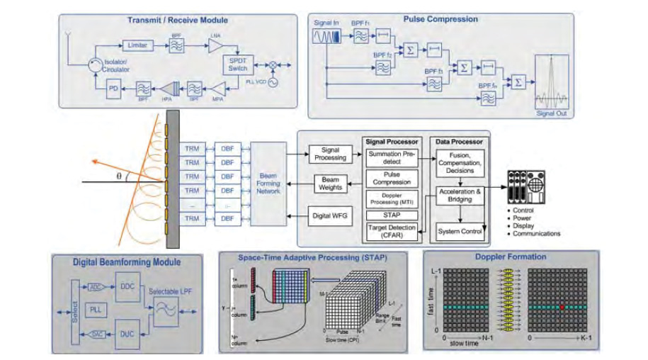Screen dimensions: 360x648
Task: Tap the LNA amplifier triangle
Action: pos(214,46)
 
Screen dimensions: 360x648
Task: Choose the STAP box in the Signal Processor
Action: pos(391,213)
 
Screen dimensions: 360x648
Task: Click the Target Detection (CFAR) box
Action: pos(391,230)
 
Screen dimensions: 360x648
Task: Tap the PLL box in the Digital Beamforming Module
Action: pos(96,310)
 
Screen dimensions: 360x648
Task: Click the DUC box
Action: pos(127,334)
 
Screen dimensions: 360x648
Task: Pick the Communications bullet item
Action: pos(538,233)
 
